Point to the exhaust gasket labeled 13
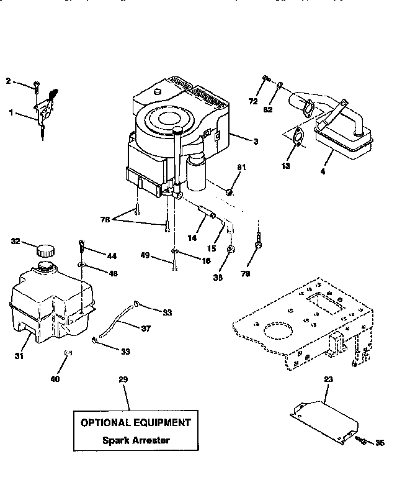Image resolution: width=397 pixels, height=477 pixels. [x=298, y=137]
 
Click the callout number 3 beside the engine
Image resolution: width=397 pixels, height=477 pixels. [x=255, y=142]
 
